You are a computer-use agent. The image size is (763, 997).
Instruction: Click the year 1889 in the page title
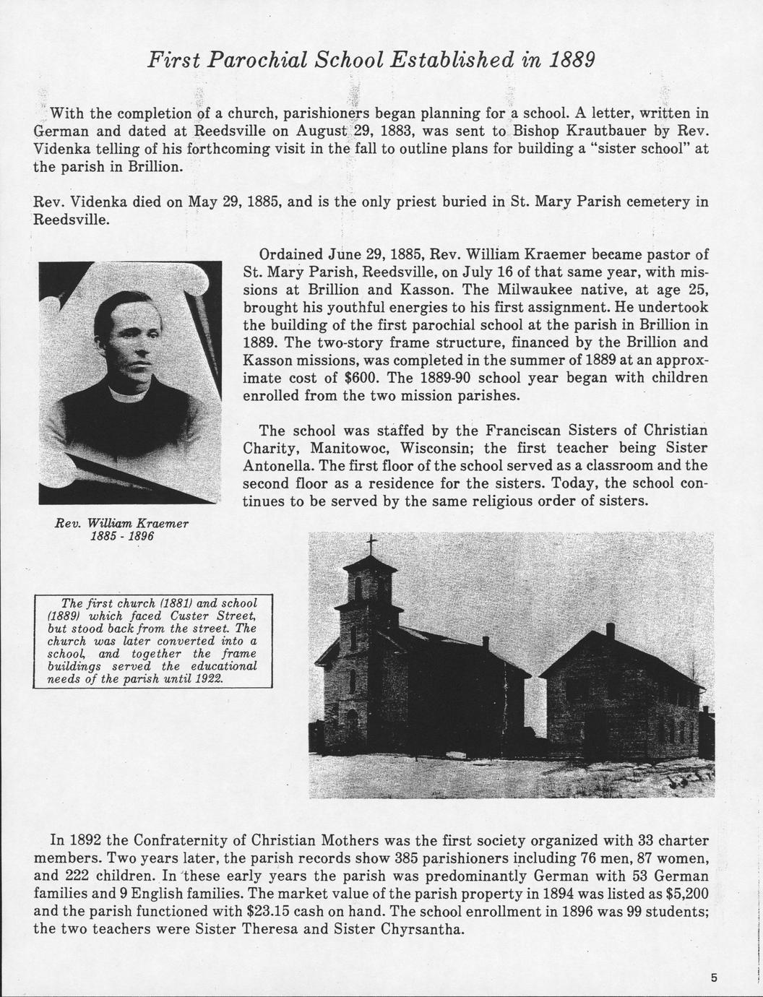570,59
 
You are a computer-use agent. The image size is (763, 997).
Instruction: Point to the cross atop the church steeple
371,543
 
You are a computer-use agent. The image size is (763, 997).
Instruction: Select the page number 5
714,978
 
